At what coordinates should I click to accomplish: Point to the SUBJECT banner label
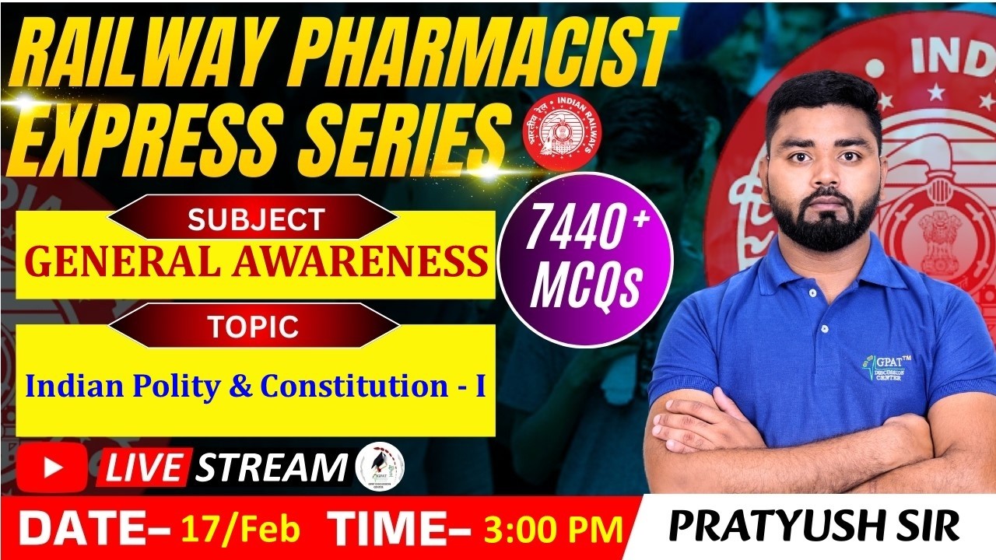coord(255,220)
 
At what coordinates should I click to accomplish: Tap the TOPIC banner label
coord(253,327)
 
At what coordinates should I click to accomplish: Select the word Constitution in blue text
coord(352,386)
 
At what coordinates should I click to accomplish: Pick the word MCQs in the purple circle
coord(584,287)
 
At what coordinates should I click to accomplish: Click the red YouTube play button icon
coord(52,467)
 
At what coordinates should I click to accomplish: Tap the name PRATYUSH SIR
coord(814,527)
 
